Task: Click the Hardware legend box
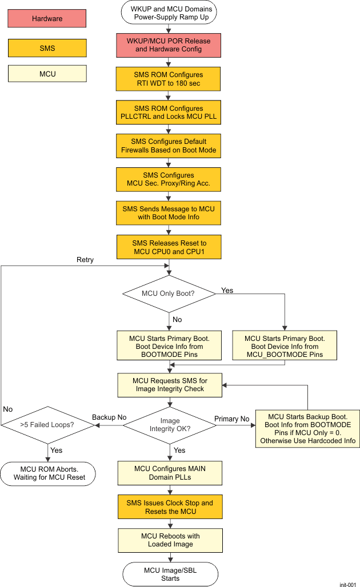[47, 18]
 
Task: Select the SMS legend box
[47, 48]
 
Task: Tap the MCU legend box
[47, 74]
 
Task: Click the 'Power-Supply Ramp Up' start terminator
[171, 12]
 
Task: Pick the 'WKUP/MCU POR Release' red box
[169, 45]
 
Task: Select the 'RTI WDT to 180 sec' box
[169, 79]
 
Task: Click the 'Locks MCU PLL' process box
[169, 112]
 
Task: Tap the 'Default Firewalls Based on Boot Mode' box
[169, 146]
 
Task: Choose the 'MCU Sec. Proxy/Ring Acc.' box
[169, 179]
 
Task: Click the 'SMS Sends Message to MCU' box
[169, 213]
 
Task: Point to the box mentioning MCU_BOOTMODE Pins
[284, 346]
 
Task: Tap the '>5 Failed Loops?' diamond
[46, 424]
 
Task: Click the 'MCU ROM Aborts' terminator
[47, 473]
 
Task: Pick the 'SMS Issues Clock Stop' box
[169, 507]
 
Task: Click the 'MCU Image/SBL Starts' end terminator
[170, 574]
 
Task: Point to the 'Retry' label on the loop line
[85, 260]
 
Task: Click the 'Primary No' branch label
[231, 419]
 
